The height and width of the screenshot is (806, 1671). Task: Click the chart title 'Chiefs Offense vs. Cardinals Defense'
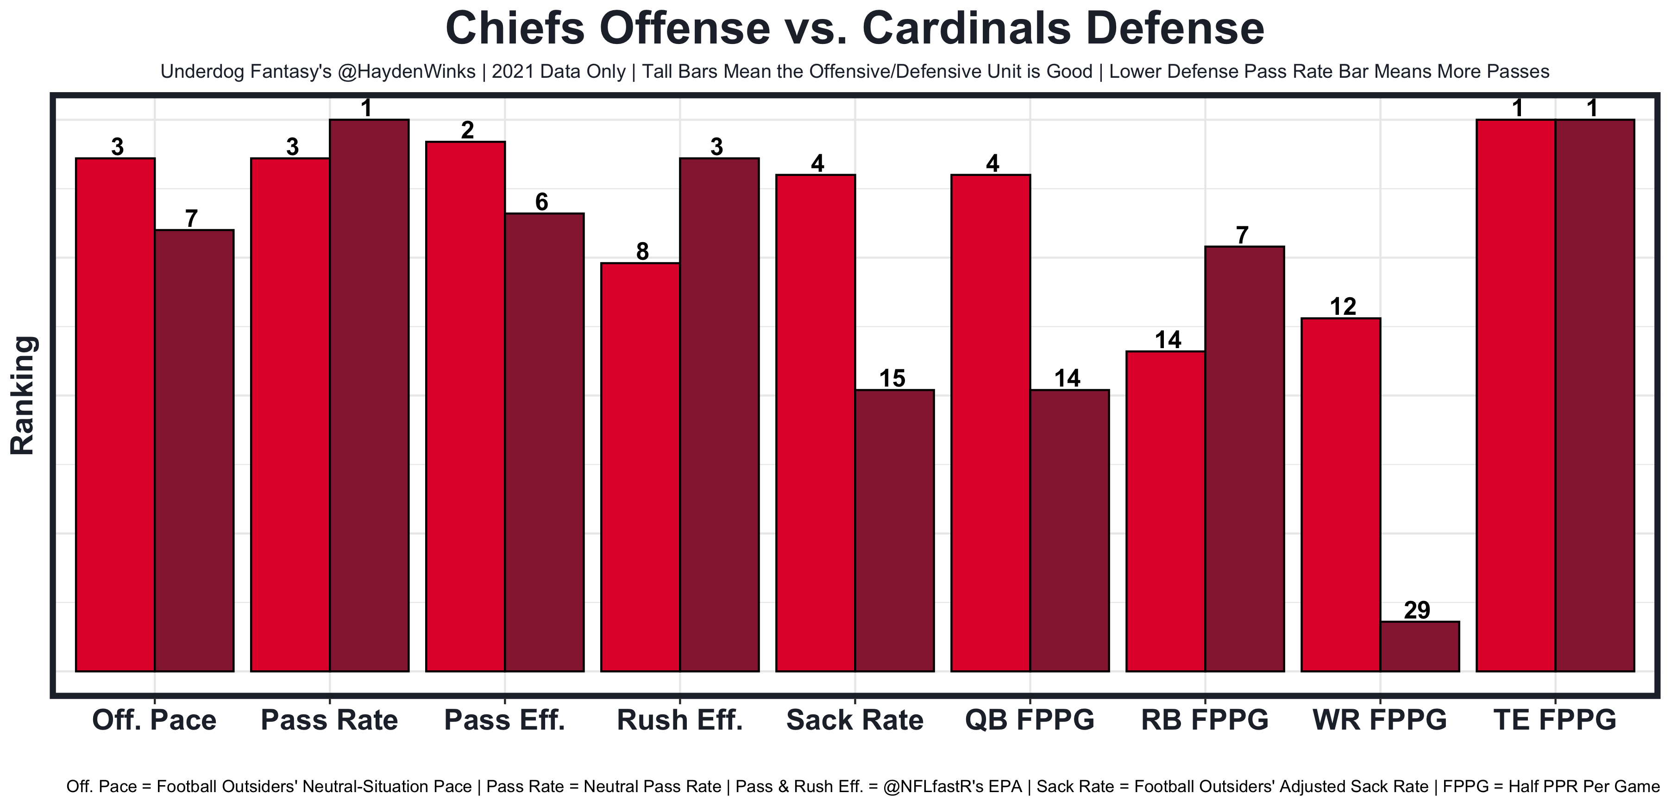[x=854, y=29]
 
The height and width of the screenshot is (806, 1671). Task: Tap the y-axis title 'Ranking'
[x=23, y=395]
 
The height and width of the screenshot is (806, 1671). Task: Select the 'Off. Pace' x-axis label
[x=154, y=720]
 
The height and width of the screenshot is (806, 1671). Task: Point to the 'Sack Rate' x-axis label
[x=854, y=720]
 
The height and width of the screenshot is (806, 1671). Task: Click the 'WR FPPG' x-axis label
[x=1380, y=720]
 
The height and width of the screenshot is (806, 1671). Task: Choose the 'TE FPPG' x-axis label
[x=1555, y=720]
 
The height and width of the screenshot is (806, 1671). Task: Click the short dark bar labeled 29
[x=1420, y=646]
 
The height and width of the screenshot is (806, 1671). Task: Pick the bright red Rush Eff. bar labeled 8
[x=640, y=467]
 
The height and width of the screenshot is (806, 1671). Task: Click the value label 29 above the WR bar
[x=1417, y=610]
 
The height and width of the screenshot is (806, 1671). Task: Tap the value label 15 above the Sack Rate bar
[x=892, y=379]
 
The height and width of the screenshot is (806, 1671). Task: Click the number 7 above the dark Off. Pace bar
[x=191, y=219]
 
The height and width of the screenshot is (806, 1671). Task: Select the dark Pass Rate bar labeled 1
[x=369, y=395]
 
